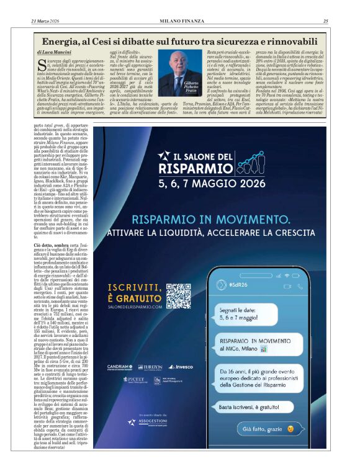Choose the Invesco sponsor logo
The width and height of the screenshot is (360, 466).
[x=180, y=367]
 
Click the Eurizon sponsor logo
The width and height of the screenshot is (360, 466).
[x=149, y=367]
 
